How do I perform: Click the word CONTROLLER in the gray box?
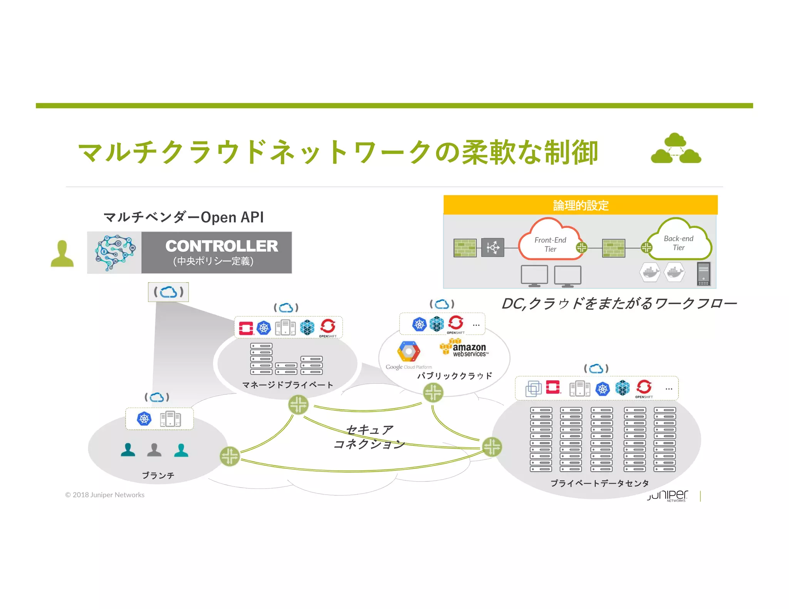222,246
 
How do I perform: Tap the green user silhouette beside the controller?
62,254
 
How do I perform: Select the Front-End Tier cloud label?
550,244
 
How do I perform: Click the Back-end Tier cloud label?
678,243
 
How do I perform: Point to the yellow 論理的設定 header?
580,205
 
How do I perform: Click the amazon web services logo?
465,348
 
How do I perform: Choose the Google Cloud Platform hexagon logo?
408,351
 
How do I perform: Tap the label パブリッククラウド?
455,376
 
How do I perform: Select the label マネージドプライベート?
287,385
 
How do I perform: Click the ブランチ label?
158,475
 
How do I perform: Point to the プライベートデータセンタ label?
599,483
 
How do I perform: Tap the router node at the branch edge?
230,457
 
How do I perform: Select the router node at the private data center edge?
492,447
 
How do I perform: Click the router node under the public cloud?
433,393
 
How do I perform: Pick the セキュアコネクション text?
369,437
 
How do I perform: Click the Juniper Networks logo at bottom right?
668,495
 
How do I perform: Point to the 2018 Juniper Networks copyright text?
105,495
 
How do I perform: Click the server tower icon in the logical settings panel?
703,274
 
